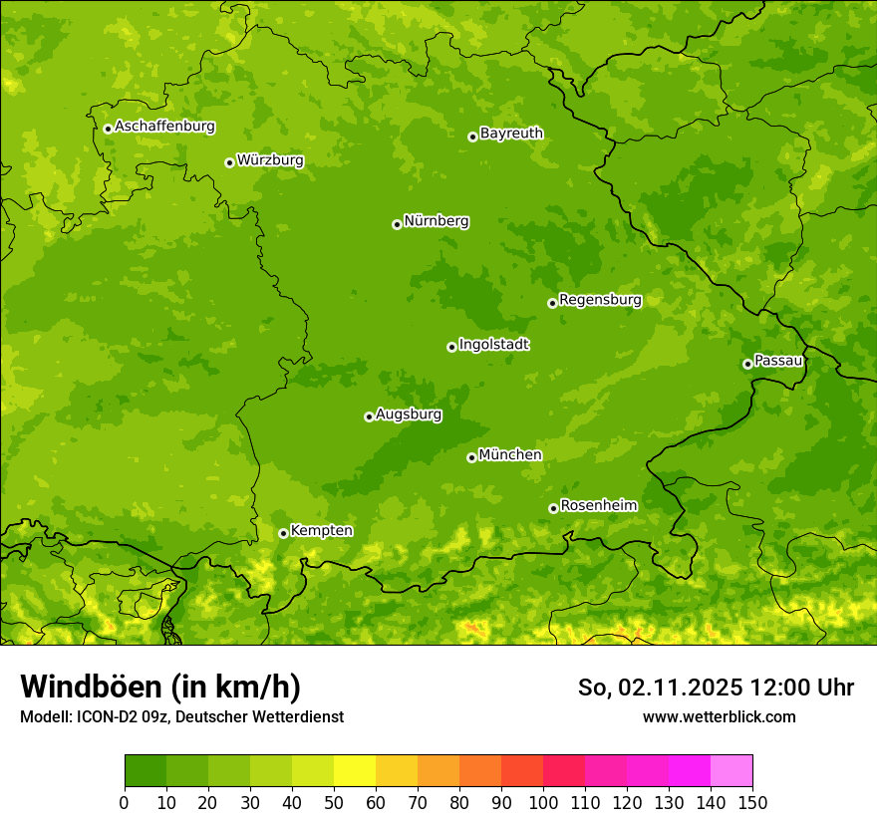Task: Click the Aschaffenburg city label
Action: coord(164,127)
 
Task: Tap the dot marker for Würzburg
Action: coord(229,162)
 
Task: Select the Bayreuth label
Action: coord(511,134)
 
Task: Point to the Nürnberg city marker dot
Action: coord(397,224)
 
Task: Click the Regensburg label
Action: coord(600,300)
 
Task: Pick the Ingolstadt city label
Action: coord(493,345)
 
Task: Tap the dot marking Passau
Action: coord(747,364)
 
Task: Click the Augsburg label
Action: coord(409,414)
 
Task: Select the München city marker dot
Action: coord(471,457)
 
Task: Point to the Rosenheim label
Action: coord(598,506)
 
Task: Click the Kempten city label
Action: coord(321,531)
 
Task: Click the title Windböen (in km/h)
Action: coord(160,687)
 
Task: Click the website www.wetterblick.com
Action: coord(719,716)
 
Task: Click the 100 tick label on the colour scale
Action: coord(543,802)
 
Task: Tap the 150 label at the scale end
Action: coord(752,802)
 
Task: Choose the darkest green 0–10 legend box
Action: coord(146,771)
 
